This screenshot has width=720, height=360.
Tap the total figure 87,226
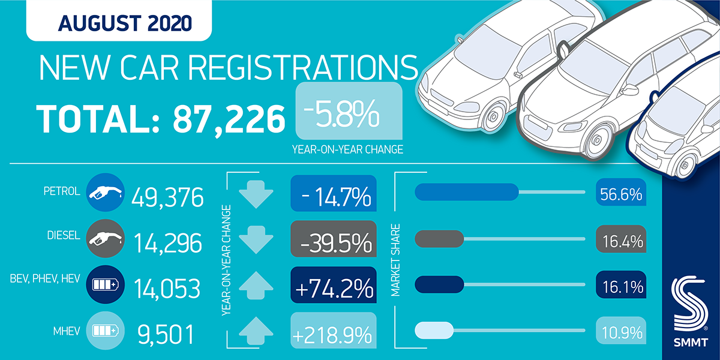(229, 119)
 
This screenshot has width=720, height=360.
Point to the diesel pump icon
(105, 241)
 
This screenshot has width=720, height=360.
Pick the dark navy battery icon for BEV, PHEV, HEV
(105, 287)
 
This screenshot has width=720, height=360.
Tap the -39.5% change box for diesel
(333, 241)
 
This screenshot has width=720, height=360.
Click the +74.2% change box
(333, 288)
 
